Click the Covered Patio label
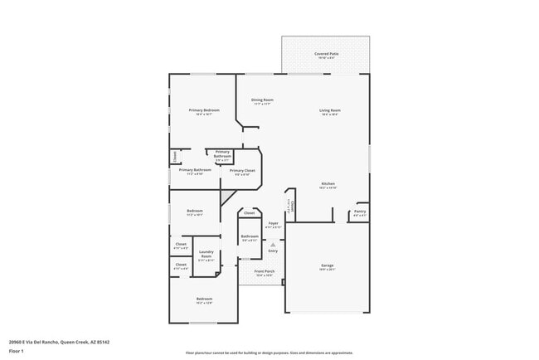[325, 54]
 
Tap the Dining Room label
[263, 100]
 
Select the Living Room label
[331, 110]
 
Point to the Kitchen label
[328, 183]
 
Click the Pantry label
[359, 211]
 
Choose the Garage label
[328, 265]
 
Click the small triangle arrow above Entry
[272, 243]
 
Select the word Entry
[272, 250]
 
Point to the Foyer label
[273, 223]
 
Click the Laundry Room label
[206, 254]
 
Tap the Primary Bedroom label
[203, 110]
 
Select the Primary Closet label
[243, 170]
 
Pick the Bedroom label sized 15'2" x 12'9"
[204, 299]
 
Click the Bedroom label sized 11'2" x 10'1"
[194, 211]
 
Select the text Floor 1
[16, 351]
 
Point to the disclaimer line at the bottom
[269, 353]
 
